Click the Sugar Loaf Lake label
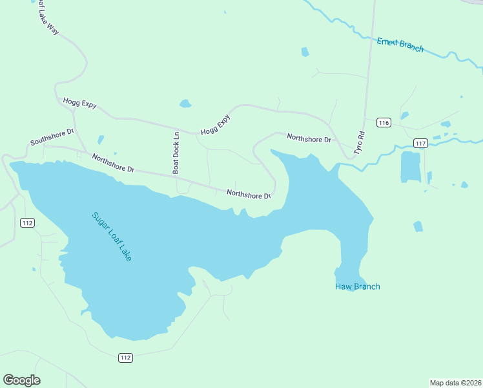(x=112, y=237)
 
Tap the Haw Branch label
(x=357, y=286)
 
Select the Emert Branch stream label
(x=400, y=45)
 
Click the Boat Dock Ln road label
(x=176, y=153)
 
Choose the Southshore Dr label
(x=52, y=136)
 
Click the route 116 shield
(x=384, y=123)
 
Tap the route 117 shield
(x=420, y=143)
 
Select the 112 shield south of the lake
(x=125, y=358)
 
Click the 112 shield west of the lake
(x=27, y=223)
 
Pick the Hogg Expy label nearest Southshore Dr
(x=79, y=103)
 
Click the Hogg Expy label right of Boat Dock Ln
(x=215, y=124)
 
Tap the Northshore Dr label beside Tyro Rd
(x=309, y=138)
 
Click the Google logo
(x=21, y=380)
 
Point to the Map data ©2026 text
(x=455, y=383)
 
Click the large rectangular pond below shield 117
(x=411, y=167)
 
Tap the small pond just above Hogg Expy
(x=185, y=103)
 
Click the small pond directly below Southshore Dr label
(x=101, y=139)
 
